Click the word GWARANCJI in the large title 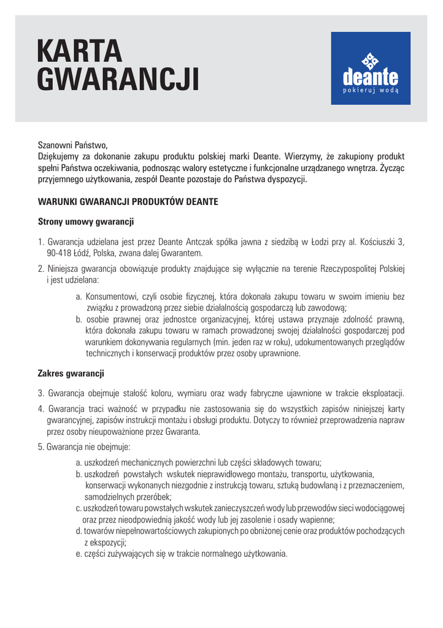(x=118, y=80)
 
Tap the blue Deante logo (x=371, y=68)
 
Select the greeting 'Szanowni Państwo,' (x=72, y=146)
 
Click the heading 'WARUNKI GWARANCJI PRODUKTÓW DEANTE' (x=128, y=201)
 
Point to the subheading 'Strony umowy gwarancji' (x=86, y=221)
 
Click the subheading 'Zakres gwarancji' (x=71, y=373)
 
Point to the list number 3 (x=40, y=393)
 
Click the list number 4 (x=40, y=408)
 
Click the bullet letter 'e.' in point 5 (x=79, y=554)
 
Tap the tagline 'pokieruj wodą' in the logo (x=371, y=90)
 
